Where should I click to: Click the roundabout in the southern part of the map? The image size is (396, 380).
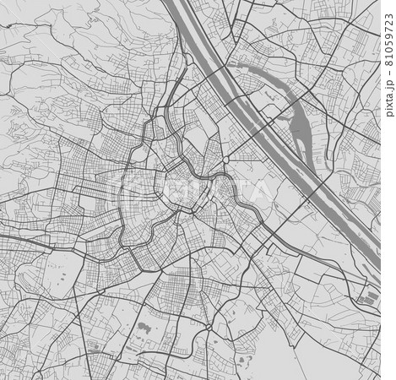pos(206,324)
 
